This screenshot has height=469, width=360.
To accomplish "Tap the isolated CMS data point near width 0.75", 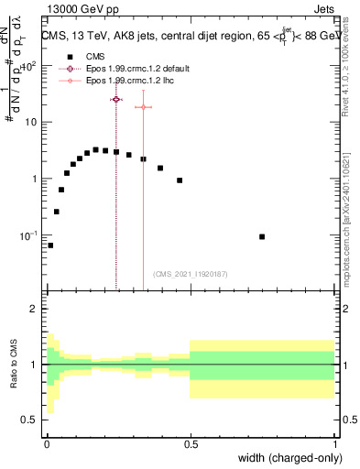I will point(262,236).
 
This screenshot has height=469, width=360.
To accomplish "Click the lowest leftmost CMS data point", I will point(50,245).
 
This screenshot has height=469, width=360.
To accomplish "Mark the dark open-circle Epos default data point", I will point(116,99).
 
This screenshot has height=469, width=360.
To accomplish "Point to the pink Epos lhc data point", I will point(143,107).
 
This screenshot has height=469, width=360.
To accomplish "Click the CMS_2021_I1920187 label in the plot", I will point(190,274).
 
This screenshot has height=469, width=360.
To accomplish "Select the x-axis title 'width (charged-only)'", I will point(285,459).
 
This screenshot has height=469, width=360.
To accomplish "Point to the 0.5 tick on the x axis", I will point(190,442).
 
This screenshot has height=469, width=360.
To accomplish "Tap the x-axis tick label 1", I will point(334,442).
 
